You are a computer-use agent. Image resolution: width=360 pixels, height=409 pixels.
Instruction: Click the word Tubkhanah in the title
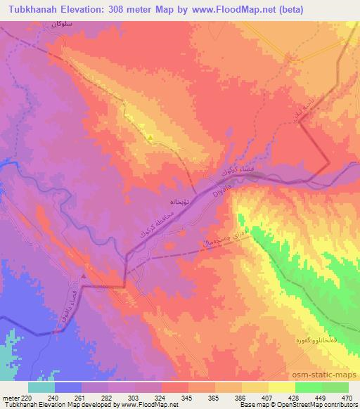pyautogui.click(x=30, y=9)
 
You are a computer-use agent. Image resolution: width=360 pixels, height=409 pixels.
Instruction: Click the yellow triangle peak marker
pyautogui.click(x=150, y=136)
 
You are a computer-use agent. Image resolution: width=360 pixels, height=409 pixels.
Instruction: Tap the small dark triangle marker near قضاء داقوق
pyautogui.click(x=84, y=275)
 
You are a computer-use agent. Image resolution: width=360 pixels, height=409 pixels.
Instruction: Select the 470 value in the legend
pyautogui.click(x=346, y=397)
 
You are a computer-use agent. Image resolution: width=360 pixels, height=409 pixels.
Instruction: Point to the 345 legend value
pyautogui.click(x=186, y=397)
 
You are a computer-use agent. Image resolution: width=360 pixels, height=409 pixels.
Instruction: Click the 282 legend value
pyautogui.click(x=107, y=397)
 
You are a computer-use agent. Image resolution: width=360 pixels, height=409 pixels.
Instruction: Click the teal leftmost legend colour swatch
pyautogui.click(x=41, y=387)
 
